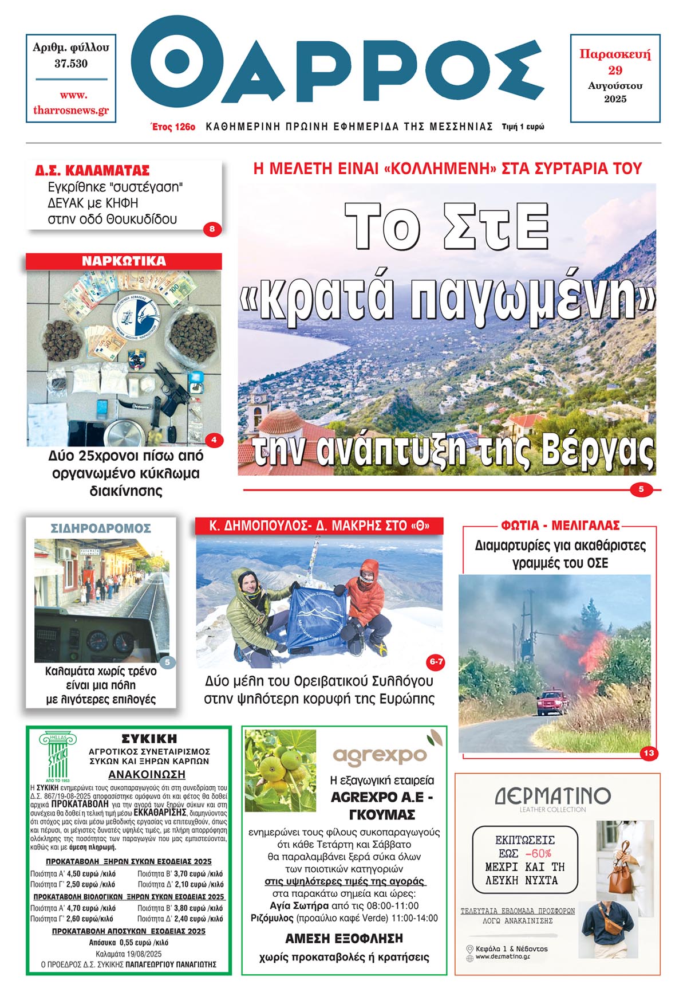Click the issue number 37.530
click(x=71, y=64)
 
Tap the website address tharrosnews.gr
click(x=71, y=110)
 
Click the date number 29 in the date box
click(x=615, y=70)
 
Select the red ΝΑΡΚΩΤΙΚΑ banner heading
click(x=124, y=261)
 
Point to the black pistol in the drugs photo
click(x=172, y=391)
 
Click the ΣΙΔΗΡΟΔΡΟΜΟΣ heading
click(x=101, y=528)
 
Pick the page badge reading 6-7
click(x=436, y=662)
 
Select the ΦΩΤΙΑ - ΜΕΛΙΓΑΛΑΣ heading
click(x=560, y=526)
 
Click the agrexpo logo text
click(x=380, y=756)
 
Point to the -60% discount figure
click(x=538, y=853)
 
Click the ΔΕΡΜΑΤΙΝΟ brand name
click(x=552, y=796)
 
